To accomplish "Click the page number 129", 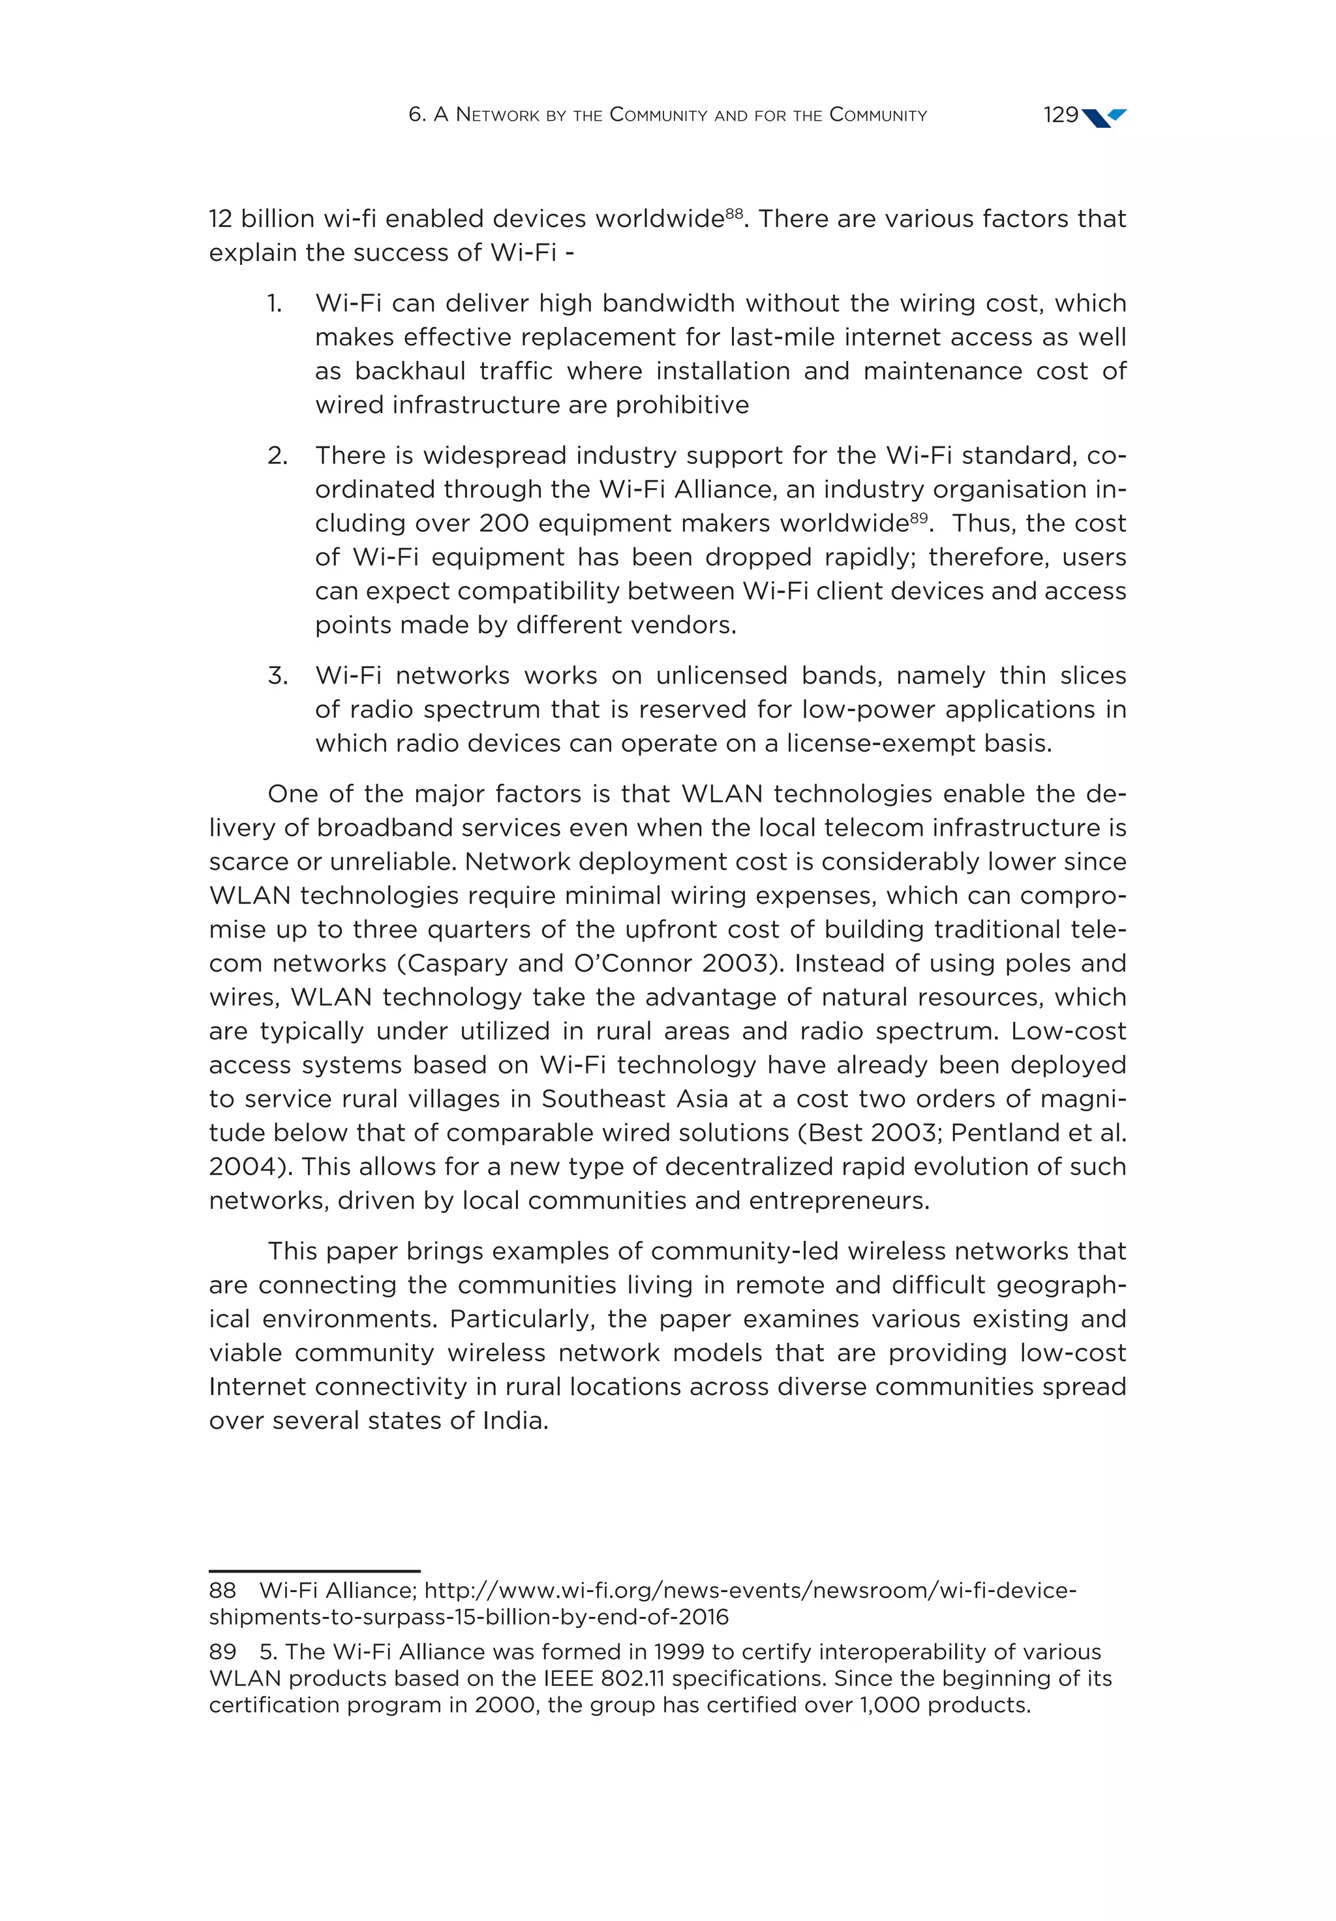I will click(x=1060, y=115).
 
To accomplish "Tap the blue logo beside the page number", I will click(x=1104, y=117).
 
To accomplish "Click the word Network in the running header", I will click(x=498, y=115).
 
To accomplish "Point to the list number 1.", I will click(x=275, y=303).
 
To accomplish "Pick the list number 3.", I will click(x=277, y=675).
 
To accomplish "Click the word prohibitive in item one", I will click(x=682, y=405).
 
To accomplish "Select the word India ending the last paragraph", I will click(x=513, y=1421).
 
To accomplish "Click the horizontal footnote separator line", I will click(x=314, y=1571).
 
